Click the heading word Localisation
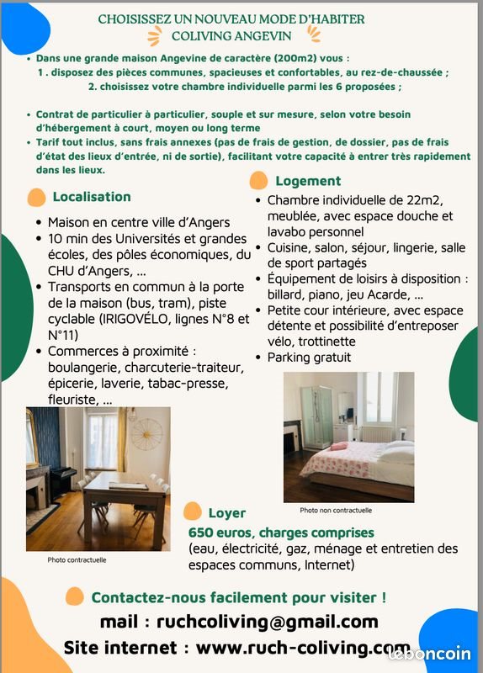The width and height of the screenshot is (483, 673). click(92, 197)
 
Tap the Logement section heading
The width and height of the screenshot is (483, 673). click(308, 181)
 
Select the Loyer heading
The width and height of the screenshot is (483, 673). click(227, 512)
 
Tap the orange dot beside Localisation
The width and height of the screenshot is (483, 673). click(36, 198)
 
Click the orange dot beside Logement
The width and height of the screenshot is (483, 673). click(260, 181)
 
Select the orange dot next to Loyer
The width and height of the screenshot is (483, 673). click(193, 511)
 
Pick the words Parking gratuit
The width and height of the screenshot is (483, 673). click(309, 358)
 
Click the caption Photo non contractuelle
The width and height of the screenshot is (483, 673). click(336, 510)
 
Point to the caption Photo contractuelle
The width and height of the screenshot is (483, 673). click(77, 560)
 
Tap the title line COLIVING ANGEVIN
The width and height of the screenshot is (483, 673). click(231, 35)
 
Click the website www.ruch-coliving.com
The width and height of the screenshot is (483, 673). click(303, 648)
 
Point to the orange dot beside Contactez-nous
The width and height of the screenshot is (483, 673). click(75, 596)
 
